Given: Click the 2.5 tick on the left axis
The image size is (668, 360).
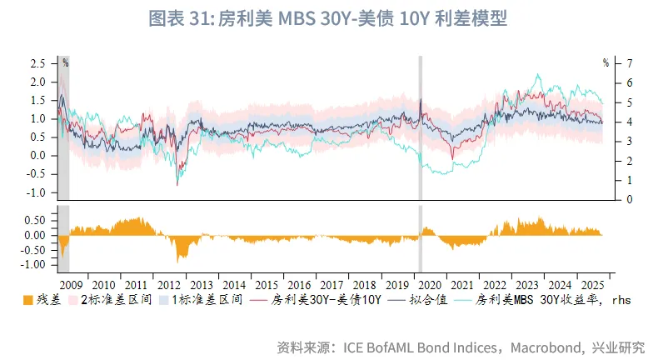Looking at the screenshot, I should point(38,63).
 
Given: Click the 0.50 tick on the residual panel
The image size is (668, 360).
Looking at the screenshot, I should point(35,220).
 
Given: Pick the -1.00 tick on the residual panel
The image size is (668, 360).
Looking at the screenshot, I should point(33,265).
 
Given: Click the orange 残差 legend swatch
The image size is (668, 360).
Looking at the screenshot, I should point(28,299).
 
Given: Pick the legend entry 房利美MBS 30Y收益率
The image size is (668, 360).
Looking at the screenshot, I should point(551,299).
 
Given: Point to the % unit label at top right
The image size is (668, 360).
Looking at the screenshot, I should point(606,62).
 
